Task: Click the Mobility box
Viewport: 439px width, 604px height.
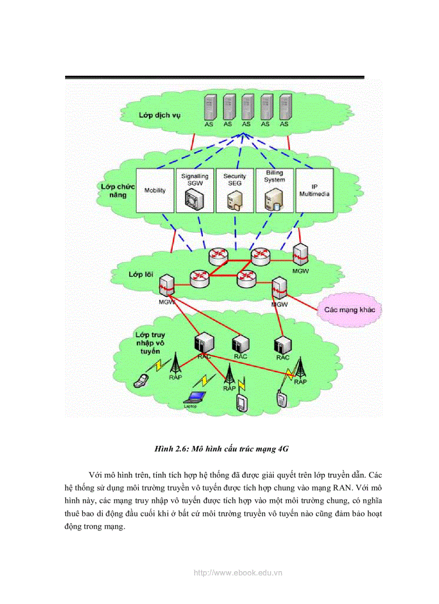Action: [155, 190]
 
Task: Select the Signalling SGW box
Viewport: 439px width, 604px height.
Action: [195, 190]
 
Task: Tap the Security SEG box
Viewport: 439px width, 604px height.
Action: [235, 190]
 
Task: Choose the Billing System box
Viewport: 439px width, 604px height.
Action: [274, 190]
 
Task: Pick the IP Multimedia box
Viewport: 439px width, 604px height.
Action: [314, 190]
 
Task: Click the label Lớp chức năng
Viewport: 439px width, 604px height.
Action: [117, 190]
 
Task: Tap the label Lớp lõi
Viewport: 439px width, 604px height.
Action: [141, 274]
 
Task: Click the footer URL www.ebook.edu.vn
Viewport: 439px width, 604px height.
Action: [238, 573]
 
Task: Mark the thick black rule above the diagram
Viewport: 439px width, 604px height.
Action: [215, 77]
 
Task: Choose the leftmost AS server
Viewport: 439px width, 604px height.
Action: [209, 108]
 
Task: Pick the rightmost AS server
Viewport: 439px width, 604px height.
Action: [285, 108]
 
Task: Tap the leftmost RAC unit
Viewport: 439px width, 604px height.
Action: [204, 343]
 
